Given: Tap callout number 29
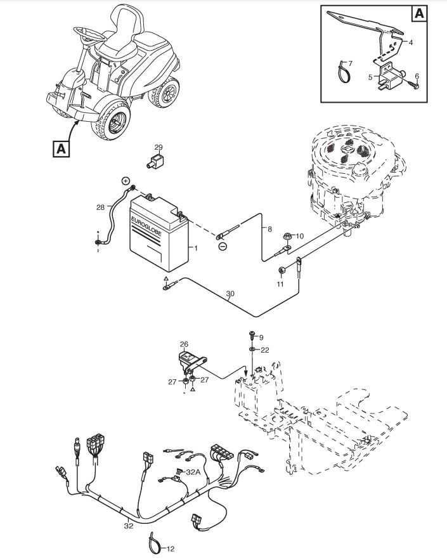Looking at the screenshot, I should point(159,147).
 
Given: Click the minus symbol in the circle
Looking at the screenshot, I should point(223,245).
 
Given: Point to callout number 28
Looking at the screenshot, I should point(100,207).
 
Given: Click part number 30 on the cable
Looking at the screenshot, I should point(230,294).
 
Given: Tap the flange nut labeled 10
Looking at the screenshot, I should point(286,237).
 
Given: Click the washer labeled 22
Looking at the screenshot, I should point(252,349).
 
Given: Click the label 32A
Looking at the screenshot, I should point(193,472).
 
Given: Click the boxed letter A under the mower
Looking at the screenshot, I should point(61,148).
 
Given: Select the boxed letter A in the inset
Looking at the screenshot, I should point(420,13).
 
